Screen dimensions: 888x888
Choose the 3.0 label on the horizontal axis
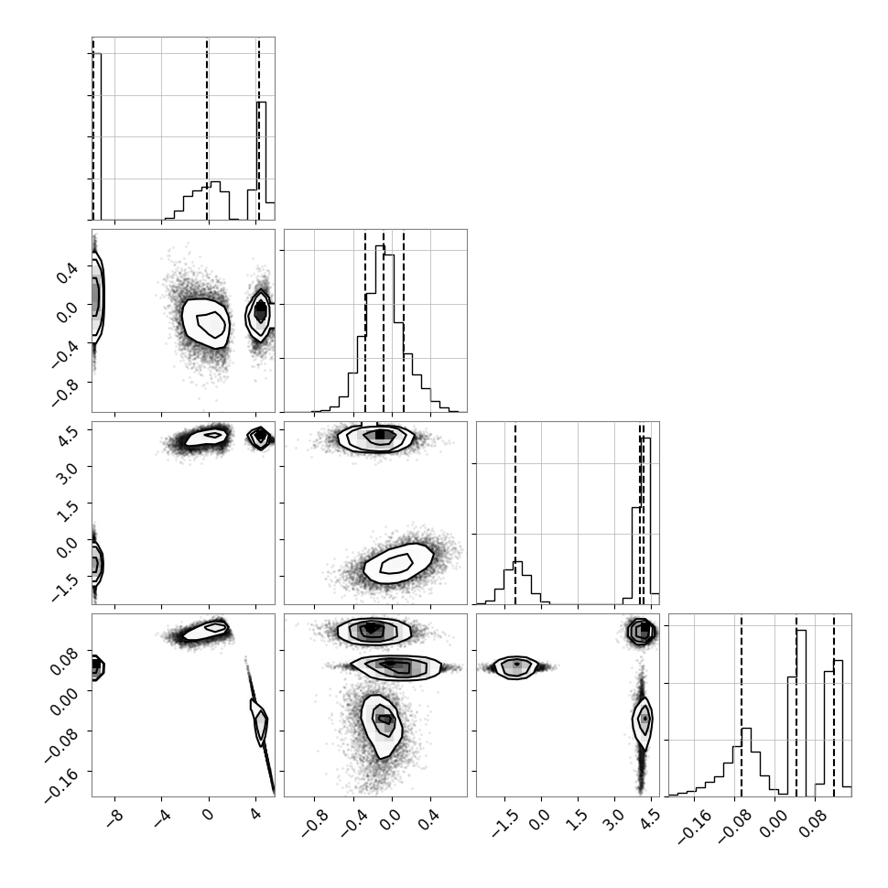tap(616, 818)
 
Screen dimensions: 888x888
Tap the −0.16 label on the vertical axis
tap(61, 785)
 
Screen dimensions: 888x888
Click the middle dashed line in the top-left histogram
tap(207, 129)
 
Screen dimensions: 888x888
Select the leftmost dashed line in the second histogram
tap(365, 321)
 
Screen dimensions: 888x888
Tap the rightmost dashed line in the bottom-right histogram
tap(834, 705)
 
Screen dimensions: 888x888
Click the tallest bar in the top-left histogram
tap(96, 136)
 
